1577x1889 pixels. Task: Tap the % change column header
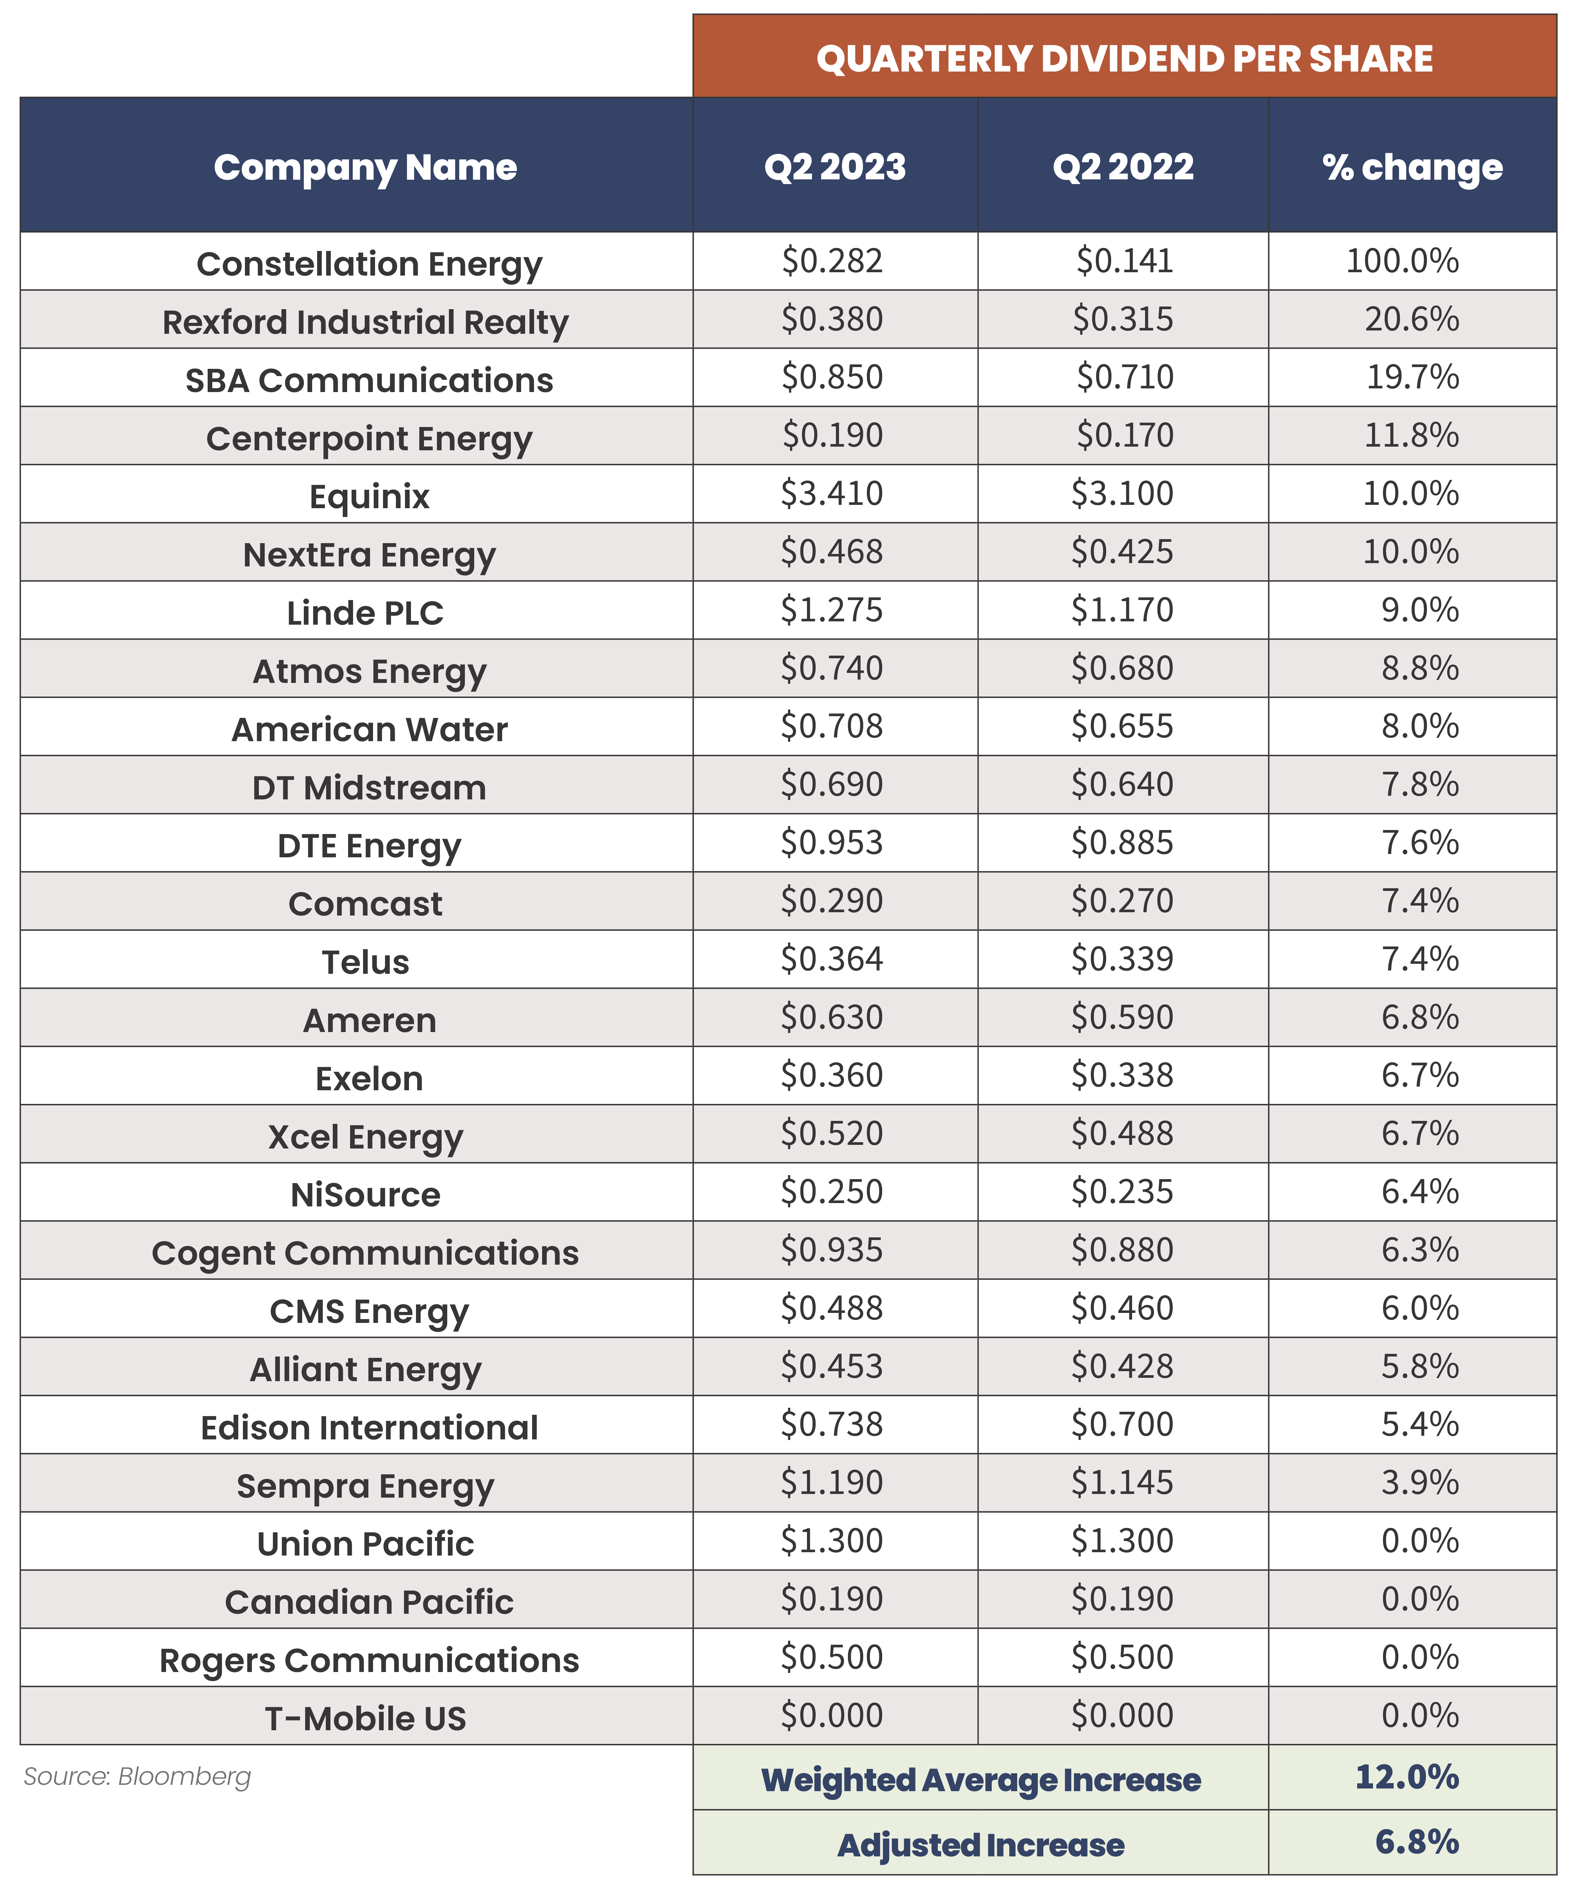pos(1412,167)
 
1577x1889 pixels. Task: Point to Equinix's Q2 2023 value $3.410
pos(832,494)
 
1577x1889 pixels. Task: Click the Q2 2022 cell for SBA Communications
pos(1124,377)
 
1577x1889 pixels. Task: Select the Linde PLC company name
pos(365,613)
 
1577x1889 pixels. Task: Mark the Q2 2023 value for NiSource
pos(832,1192)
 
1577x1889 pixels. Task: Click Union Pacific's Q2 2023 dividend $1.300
pos(832,1541)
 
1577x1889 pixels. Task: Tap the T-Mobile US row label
pos(365,1719)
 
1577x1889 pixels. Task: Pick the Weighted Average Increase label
pos(981,1780)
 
